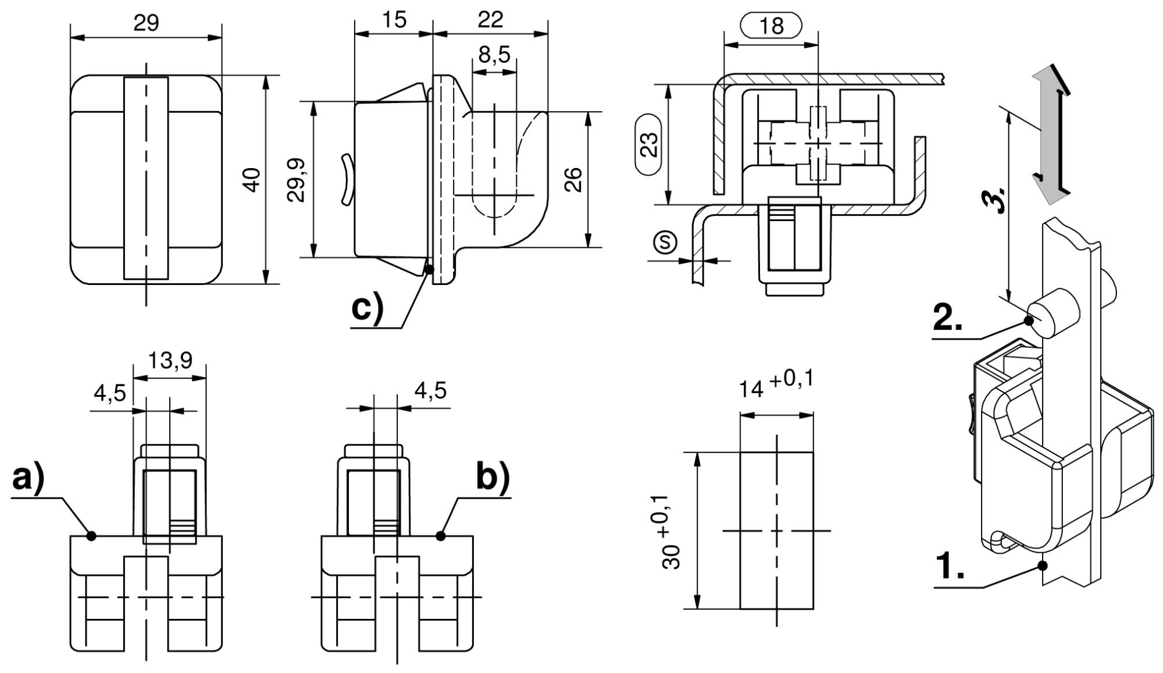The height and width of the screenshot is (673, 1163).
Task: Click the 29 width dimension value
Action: [146, 23]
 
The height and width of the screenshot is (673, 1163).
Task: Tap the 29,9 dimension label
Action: [297, 180]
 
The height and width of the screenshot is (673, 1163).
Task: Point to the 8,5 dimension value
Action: [494, 55]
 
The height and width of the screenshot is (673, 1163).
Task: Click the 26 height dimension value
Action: [573, 180]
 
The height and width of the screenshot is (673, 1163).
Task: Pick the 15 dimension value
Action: [394, 20]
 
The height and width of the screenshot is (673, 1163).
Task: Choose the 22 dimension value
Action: [490, 20]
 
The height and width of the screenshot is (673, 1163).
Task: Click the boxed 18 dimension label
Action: [771, 26]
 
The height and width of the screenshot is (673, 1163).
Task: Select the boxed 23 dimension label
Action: [648, 144]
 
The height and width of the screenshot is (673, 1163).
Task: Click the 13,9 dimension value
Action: [170, 361]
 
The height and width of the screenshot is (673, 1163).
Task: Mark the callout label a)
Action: [28, 479]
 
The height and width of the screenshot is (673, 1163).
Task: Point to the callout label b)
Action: [493, 478]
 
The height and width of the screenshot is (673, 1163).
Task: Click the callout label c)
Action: [368, 308]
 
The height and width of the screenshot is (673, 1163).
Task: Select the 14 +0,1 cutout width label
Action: [776, 384]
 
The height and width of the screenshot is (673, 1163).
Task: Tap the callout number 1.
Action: [950, 566]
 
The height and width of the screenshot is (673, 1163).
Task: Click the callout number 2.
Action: [947, 318]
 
